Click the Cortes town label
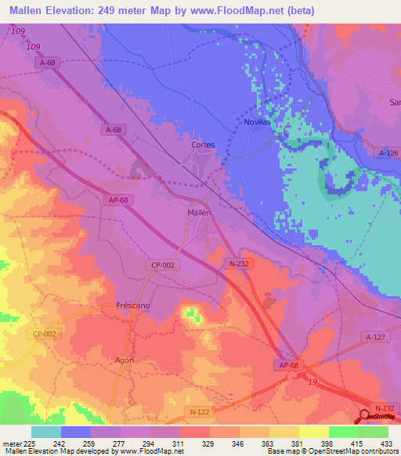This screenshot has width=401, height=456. coord(203,145)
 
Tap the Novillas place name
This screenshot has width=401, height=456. coord(256,123)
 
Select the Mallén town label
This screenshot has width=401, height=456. coord(198,212)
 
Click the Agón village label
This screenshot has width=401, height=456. coord(125,360)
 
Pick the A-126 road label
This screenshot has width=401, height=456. coord(385,153)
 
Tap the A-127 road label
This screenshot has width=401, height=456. coord(375,336)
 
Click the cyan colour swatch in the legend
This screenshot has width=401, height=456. coord(46,432)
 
